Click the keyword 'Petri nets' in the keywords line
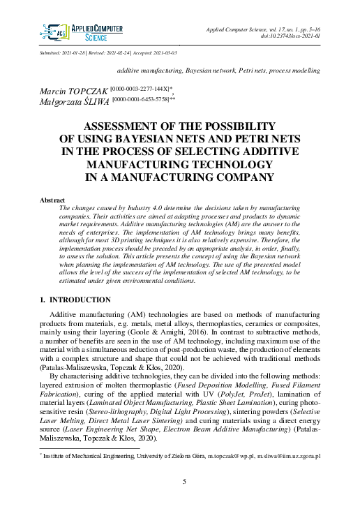click(x=256, y=71)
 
